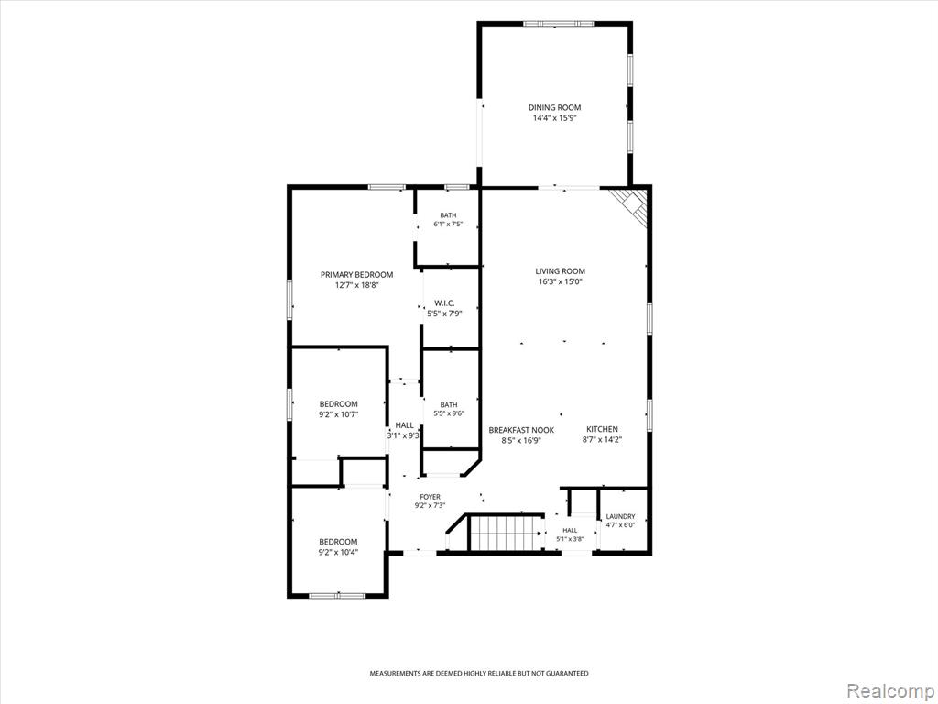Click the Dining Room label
pos(554,108)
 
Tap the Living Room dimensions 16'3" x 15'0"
pos(560,281)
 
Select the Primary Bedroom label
pos(356,275)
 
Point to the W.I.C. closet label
pos(444,303)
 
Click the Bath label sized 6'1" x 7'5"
pos(448,215)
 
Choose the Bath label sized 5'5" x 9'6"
pos(449,404)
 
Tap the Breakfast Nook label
pos(521,430)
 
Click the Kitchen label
pos(602,429)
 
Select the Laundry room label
pos(620,517)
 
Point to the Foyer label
pos(431,497)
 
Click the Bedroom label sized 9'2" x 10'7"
pos(338,404)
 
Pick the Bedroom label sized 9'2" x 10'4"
pos(338,542)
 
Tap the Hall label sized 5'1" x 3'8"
pos(570,531)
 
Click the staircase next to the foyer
pos(506,533)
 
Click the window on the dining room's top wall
pos(560,24)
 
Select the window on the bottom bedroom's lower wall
pos(337,595)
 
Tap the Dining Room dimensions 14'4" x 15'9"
pos(554,118)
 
